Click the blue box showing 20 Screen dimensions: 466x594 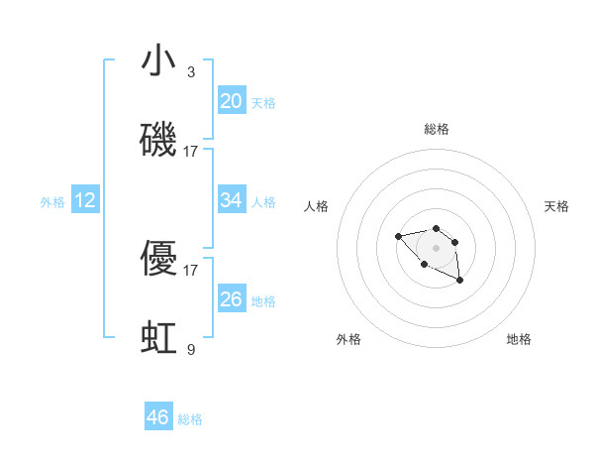[232, 100]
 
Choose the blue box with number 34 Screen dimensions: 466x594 [232, 200]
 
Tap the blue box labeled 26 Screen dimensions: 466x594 [232, 298]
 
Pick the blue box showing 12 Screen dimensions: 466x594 [85, 200]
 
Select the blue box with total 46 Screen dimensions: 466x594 [158, 417]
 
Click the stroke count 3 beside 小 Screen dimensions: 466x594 [191, 72]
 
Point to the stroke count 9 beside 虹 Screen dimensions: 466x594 [191, 349]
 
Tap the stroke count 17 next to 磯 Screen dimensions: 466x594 [191, 152]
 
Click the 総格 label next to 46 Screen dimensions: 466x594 [190, 419]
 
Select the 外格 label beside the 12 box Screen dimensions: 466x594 [52, 202]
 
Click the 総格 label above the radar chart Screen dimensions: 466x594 [437, 129]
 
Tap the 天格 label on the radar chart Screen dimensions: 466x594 [556, 206]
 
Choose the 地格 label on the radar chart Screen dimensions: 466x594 [519, 339]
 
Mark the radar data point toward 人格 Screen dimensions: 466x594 [398, 236]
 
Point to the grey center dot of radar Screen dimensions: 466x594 [436, 248]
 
